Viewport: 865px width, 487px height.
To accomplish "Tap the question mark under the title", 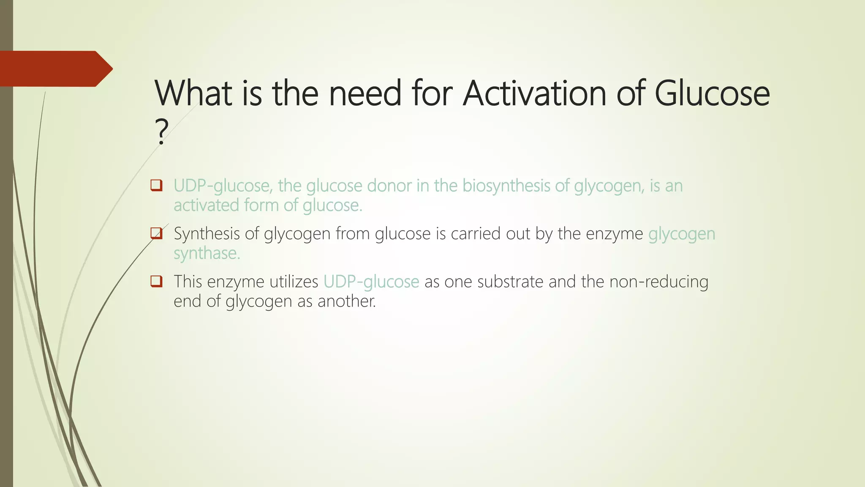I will tap(161, 132).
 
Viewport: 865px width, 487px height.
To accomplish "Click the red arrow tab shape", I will tap(55, 69).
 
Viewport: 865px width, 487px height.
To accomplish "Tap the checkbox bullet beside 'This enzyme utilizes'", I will tap(156, 281).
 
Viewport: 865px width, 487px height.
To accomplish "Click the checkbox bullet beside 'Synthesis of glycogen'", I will tap(156, 233).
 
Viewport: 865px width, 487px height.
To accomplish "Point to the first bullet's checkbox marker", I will tap(156, 186).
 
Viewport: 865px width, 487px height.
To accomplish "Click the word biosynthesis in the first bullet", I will tap(506, 186).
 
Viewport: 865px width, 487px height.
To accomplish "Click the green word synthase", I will tap(207, 253).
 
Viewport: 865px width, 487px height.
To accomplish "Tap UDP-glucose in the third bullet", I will tap(371, 282).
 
